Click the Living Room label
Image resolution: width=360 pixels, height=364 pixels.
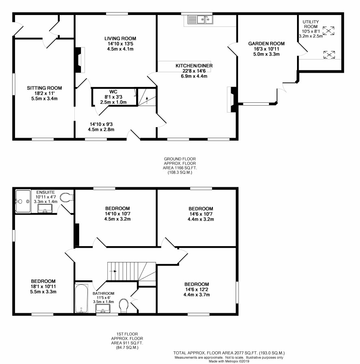[x=120, y=39]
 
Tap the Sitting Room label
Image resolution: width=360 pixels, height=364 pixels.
[x=44, y=88]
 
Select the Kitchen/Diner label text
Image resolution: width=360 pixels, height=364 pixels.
[x=194, y=66]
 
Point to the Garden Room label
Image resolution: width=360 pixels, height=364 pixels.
[x=267, y=43]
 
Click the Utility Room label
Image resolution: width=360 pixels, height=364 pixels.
[x=311, y=24]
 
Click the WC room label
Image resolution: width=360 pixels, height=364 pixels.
[x=113, y=92]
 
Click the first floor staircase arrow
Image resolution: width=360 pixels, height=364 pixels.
[x=113, y=271]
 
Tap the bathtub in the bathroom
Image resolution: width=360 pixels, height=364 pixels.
[x=81, y=298]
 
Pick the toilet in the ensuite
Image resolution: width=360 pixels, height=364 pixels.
[x=66, y=197]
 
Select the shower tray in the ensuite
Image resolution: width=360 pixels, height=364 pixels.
[x=23, y=201]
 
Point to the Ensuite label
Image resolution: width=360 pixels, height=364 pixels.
[x=46, y=193]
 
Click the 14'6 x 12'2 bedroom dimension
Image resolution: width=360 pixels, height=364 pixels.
[x=197, y=290]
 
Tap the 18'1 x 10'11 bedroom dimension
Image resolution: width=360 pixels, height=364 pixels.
[x=43, y=286]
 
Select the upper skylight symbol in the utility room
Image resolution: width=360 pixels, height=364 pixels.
[x=328, y=30]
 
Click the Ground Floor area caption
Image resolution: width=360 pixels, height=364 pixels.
[x=180, y=166]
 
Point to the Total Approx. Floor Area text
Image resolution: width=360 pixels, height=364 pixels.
[x=229, y=353]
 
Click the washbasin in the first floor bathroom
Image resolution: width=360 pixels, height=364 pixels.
[x=103, y=308]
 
